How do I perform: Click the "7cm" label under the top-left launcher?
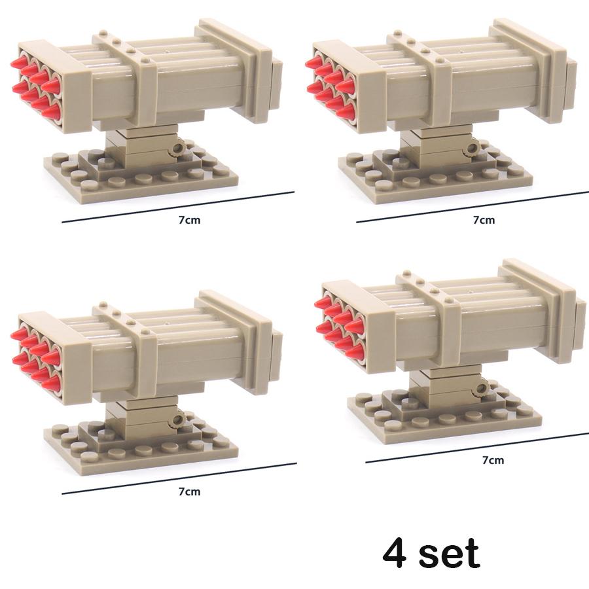tap(189, 220)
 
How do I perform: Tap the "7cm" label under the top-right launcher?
tap(484, 220)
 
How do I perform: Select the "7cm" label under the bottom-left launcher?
tap(189, 491)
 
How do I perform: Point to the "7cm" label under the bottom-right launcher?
tap(493, 460)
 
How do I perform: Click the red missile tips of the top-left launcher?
tap(33, 82)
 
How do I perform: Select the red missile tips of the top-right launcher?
tap(327, 82)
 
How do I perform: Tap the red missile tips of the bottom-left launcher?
tap(33, 353)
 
